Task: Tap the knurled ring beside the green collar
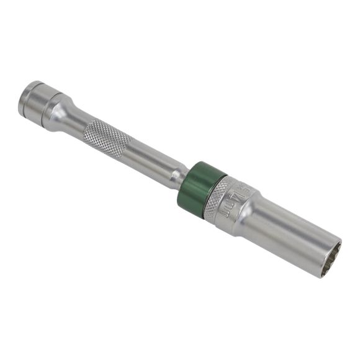(x=217, y=197)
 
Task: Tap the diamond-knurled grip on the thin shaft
(x=107, y=138)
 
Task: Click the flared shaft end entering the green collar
(x=181, y=174)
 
